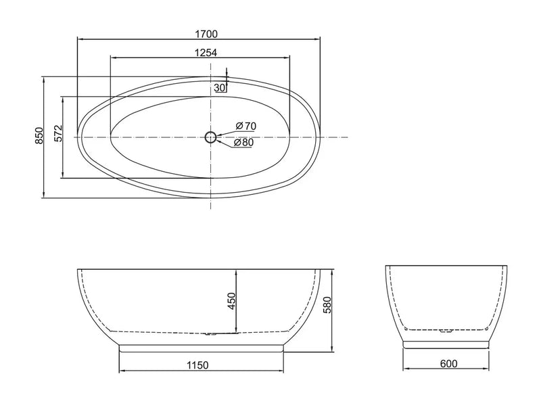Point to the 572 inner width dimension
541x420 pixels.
59,136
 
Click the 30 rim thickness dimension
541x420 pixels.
219,88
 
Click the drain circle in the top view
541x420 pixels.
210,137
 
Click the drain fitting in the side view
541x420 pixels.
212,333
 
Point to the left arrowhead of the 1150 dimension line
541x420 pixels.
122,371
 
